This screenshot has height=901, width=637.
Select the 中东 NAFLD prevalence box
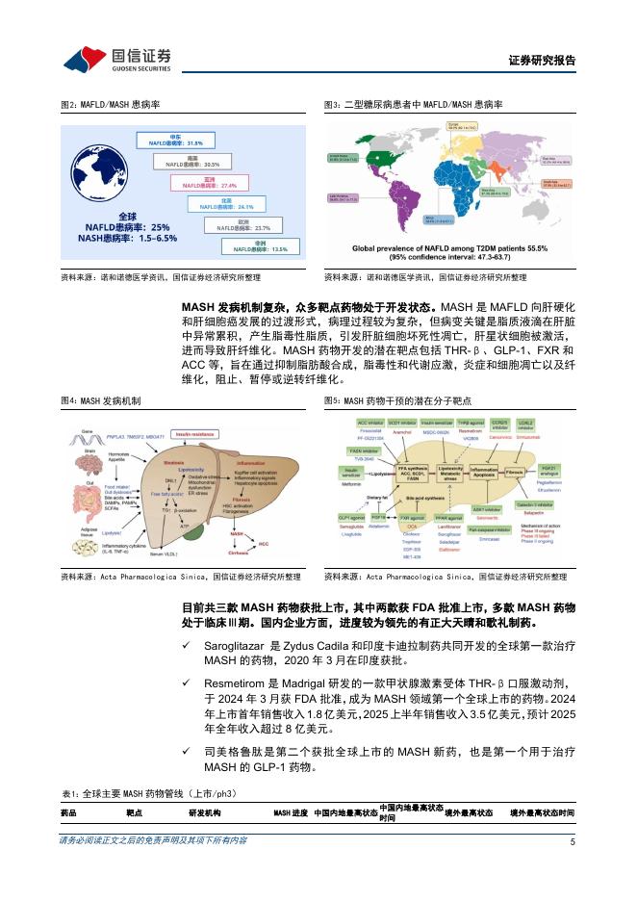174,141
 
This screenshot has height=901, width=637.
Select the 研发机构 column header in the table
202,813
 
